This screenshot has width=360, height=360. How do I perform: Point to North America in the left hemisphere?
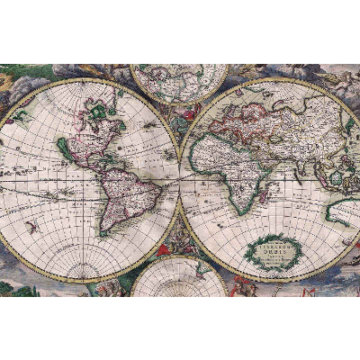point(90,135)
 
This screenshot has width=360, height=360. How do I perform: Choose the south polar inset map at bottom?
point(179,279)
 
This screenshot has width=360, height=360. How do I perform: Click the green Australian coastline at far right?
point(337,211)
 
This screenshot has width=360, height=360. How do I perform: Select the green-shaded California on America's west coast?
point(63,148)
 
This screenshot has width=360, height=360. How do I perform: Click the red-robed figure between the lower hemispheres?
point(165,247)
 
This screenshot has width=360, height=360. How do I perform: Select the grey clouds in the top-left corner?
point(13,81)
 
